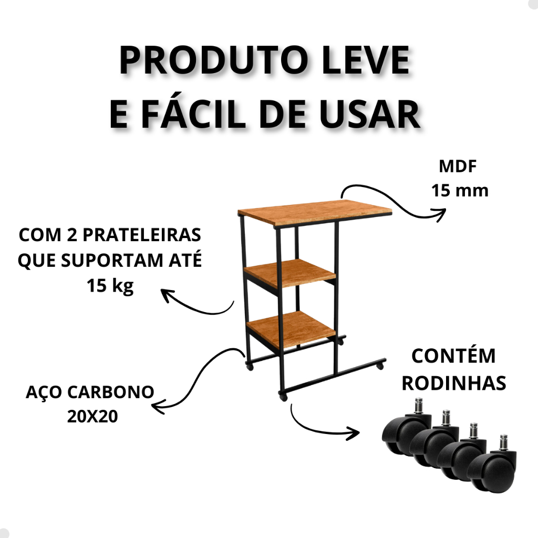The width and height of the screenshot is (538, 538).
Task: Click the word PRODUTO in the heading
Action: point(213,60)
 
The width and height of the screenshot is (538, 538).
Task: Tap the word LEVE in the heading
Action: point(366,60)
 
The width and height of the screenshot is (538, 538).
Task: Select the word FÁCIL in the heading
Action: point(193,113)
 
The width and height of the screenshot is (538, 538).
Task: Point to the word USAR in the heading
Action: point(370,114)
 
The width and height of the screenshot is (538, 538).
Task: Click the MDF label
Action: point(458,167)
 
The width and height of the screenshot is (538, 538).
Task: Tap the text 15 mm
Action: point(460,191)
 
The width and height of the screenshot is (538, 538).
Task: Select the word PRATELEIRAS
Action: point(142,235)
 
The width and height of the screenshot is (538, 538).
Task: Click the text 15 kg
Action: point(110,286)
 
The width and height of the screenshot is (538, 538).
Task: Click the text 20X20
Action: point(92,417)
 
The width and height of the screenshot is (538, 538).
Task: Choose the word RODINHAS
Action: point(453,383)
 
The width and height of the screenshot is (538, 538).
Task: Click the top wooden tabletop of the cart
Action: point(315,213)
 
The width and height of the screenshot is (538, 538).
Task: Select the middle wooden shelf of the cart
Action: point(291,273)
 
